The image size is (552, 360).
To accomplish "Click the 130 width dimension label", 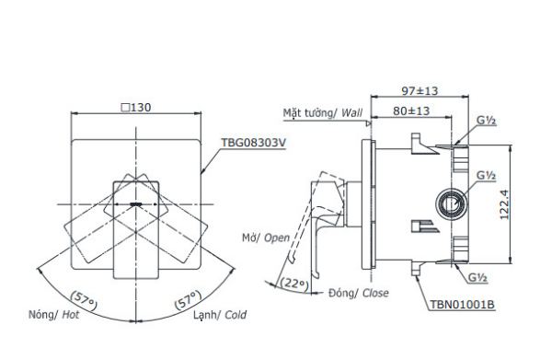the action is tap(141, 107).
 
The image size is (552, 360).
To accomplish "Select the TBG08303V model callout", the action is tap(254, 143).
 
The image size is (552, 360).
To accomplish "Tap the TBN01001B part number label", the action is tap(462, 305).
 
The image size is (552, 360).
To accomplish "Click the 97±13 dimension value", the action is tap(420, 91).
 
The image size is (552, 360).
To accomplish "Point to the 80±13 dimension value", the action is tap(411, 111).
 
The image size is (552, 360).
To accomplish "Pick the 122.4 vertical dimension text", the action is tap(504, 204).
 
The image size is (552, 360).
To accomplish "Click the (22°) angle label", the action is tap(294, 283).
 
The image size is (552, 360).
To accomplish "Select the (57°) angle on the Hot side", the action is tap(84, 300).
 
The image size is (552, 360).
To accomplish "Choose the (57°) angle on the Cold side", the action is tap(188, 300).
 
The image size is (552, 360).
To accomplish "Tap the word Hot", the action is tap(71, 315).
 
